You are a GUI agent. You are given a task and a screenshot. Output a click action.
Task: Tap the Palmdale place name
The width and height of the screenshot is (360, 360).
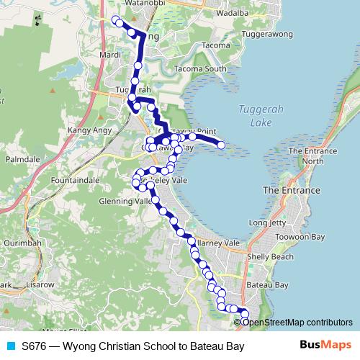pos(22,157)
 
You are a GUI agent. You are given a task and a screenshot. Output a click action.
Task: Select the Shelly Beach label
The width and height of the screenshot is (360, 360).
pos(270,257)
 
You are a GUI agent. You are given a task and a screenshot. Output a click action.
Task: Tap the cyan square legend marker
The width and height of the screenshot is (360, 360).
pos(10,346)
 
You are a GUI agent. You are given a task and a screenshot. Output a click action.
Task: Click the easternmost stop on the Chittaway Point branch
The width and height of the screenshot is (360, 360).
pos(221,145)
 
